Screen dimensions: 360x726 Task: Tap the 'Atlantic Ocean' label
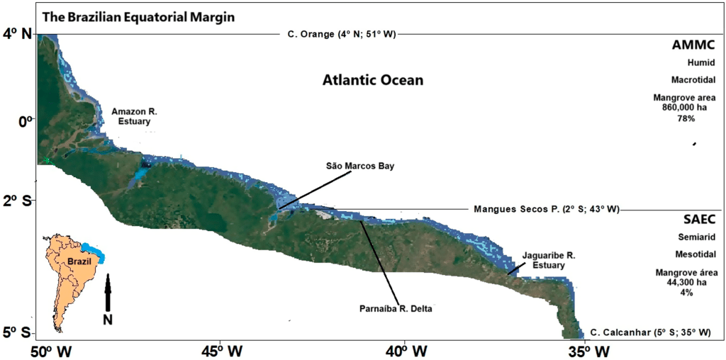(373, 80)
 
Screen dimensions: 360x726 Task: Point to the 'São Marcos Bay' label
(359, 166)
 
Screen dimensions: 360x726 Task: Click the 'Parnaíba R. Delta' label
(395, 308)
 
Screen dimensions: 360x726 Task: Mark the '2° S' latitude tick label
(18, 201)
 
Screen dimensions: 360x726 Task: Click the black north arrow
(108, 292)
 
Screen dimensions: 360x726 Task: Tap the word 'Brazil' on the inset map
(79, 261)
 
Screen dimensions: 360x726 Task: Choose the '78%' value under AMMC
(686, 118)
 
